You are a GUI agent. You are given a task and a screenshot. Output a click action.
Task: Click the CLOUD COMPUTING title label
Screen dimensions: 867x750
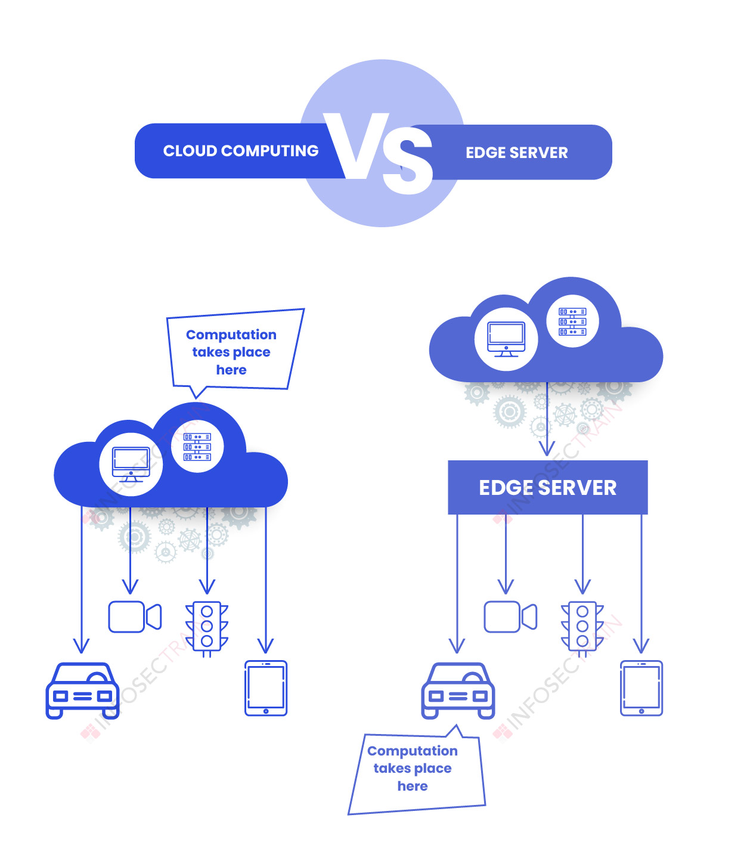pyautogui.click(x=241, y=151)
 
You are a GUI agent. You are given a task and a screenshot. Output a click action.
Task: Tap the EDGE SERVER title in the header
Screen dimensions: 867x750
pyautogui.click(x=516, y=153)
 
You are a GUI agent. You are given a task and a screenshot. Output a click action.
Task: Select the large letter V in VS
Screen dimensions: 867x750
pyautogui.click(x=357, y=146)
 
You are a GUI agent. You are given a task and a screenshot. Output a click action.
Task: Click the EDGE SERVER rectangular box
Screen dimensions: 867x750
pyautogui.click(x=547, y=487)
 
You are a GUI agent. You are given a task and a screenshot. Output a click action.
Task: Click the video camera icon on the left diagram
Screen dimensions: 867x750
pyautogui.click(x=135, y=617)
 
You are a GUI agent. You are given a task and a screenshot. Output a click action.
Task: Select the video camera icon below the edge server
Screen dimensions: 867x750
pyautogui.click(x=510, y=617)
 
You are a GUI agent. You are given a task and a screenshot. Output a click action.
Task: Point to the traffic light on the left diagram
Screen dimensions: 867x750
pyautogui.click(x=207, y=627)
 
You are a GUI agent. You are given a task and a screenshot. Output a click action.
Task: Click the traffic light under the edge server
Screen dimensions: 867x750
pyautogui.click(x=582, y=627)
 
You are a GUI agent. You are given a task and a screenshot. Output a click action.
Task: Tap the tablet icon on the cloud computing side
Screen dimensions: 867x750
pyautogui.click(x=266, y=688)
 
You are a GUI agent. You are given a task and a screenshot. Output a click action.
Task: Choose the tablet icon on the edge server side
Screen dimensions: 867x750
pyautogui.click(x=641, y=688)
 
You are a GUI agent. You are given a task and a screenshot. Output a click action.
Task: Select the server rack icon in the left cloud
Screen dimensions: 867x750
pyautogui.click(x=197, y=447)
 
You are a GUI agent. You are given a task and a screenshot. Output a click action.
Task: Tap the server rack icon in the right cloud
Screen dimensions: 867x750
pyautogui.click(x=572, y=321)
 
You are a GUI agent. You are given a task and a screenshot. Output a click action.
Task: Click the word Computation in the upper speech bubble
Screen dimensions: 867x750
pyautogui.click(x=231, y=335)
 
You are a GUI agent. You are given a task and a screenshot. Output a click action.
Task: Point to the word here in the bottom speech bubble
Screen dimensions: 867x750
pyautogui.click(x=413, y=786)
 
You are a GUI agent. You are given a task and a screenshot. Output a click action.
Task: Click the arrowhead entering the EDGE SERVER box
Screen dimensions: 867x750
pyautogui.click(x=547, y=449)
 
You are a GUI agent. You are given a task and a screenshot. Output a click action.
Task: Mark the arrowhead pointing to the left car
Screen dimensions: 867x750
pyautogui.click(x=81, y=646)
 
